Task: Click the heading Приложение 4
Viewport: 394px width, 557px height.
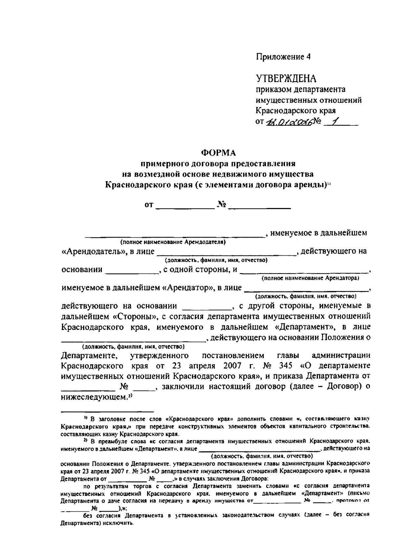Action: pos(283,57)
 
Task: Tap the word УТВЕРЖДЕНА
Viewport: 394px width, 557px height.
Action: pos(286,78)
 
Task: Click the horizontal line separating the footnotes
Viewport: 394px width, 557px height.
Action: pos(108,411)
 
